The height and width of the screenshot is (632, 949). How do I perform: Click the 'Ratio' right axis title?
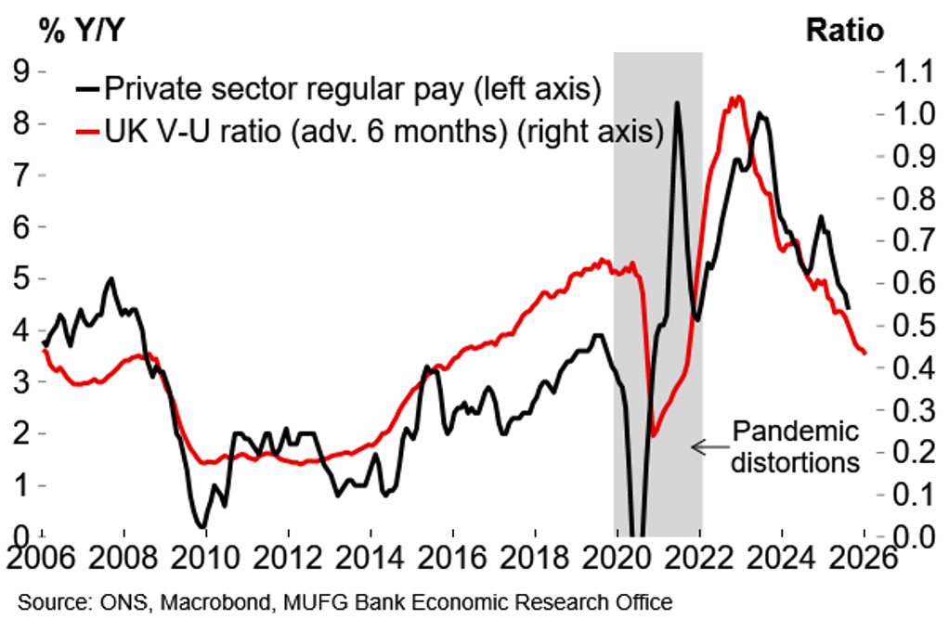pos(844,30)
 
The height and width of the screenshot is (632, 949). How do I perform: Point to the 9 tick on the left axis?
pos(19,71)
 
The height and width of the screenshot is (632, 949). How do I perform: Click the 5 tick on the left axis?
pos(19,278)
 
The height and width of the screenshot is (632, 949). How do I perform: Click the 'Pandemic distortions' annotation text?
pos(794,446)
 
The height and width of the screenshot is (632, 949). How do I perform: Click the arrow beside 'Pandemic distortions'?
pos(709,447)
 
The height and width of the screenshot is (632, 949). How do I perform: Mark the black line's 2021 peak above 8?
pos(676,103)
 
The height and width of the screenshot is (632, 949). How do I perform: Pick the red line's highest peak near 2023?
pos(737,97)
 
